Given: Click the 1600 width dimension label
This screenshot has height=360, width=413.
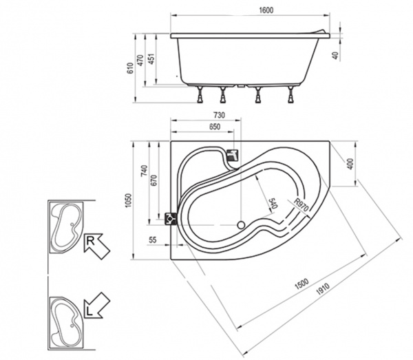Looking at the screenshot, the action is (x=266, y=10).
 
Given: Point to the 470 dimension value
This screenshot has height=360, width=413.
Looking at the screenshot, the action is (x=140, y=60).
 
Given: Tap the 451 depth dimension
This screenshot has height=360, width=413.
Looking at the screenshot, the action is (x=151, y=59).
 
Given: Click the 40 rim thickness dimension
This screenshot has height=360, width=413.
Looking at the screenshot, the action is (x=335, y=56).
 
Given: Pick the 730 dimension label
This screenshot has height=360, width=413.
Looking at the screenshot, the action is (x=219, y=115).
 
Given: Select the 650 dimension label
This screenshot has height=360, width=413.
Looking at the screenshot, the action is (x=215, y=127).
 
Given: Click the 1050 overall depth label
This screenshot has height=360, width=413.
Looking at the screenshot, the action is (x=128, y=200).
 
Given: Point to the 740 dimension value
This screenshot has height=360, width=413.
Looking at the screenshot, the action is (x=144, y=171).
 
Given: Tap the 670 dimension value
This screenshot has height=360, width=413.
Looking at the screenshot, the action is (x=154, y=180).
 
